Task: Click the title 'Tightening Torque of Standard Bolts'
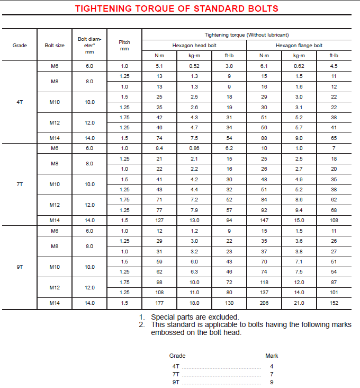pyautogui.click(x=176, y=8)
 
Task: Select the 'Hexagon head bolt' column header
pyautogui.click(x=194, y=46)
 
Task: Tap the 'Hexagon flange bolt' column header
pyautogui.click(x=299, y=46)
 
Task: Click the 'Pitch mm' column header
pyautogui.click(x=124, y=45)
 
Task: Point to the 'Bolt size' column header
pyautogui.click(x=55, y=46)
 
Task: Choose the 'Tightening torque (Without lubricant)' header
pyautogui.click(x=246, y=34)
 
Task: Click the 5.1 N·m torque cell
pyautogui.click(x=159, y=66)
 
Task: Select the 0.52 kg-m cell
pyautogui.click(x=194, y=66)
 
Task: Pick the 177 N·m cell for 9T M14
pyautogui.click(x=159, y=303)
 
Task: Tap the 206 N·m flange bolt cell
pyautogui.click(x=264, y=303)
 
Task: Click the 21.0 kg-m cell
pyautogui.click(x=299, y=303)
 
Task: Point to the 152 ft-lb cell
pyautogui.click(x=334, y=303)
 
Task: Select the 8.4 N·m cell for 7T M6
pyautogui.click(x=159, y=148)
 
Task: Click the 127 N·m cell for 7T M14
pyautogui.click(x=159, y=221)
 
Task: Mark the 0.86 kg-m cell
pyautogui.click(x=194, y=148)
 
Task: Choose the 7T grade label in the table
pyautogui.click(x=20, y=184)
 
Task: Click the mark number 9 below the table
pyautogui.click(x=272, y=382)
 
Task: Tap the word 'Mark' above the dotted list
pyautogui.click(x=272, y=356)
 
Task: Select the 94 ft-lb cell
pyautogui.click(x=229, y=221)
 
